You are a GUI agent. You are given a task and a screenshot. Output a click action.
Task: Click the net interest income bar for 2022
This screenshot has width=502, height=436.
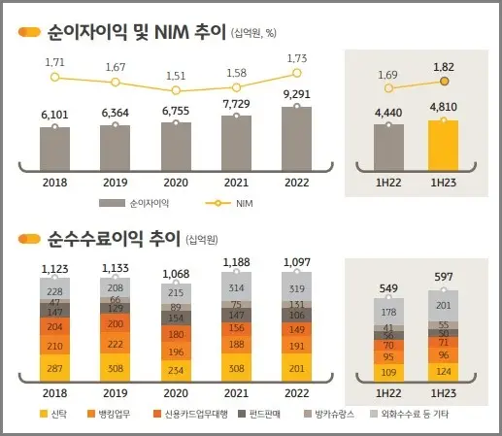296,137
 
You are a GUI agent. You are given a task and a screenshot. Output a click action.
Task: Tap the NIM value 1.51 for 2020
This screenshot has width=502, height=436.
175,75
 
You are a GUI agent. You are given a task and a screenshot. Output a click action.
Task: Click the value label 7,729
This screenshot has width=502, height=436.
236,103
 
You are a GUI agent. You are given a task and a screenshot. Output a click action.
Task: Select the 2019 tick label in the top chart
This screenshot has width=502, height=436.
115,181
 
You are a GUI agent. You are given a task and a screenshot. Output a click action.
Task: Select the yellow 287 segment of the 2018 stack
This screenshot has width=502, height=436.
54,370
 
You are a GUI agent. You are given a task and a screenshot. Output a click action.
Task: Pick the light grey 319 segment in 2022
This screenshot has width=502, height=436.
296,287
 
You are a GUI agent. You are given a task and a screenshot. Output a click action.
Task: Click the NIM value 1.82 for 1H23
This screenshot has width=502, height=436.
444,53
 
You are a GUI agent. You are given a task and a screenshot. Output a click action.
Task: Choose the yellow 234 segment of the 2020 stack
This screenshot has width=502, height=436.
175,372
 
